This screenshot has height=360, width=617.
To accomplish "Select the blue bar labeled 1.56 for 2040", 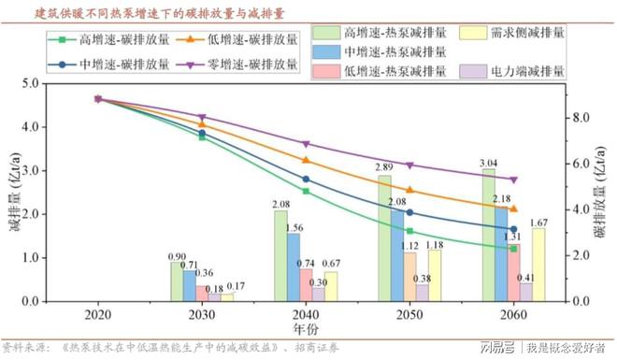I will (x=294, y=267).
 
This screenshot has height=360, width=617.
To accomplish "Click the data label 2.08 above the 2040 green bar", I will (x=279, y=204).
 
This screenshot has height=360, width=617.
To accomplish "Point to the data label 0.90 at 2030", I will (x=175, y=256).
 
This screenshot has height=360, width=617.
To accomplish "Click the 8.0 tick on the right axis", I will (x=581, y=118).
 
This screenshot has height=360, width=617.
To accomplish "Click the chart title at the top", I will (x=159, y=12).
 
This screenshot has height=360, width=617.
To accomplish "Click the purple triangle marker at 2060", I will (x=513, y=180).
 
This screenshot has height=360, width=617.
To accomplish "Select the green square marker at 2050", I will (x=409, y=230).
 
